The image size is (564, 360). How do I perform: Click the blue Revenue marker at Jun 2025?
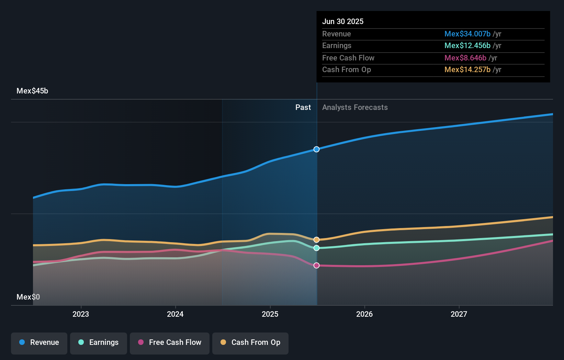point(316,149)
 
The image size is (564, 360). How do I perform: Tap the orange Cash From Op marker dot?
point(316,240)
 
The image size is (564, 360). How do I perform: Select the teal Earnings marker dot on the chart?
point(316,248)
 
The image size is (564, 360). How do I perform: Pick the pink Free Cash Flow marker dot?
point(316,266)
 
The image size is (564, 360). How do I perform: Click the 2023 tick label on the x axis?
point(81,314)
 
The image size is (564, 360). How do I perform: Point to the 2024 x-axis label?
point(175,314)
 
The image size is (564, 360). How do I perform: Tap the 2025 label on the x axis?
point(270,314)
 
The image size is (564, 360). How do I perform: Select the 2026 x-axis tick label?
point(364,314)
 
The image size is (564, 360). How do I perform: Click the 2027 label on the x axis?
point(459,314)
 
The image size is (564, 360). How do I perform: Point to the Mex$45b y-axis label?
point(32,91)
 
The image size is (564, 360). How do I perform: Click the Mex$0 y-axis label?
point(28,297)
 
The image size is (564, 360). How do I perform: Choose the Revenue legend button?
point(39,342)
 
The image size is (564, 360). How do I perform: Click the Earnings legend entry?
point(99,342)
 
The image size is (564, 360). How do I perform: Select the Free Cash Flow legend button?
point(170,342)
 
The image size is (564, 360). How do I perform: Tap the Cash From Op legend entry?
point(250,342)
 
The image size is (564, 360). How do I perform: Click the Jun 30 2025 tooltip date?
point(342,21)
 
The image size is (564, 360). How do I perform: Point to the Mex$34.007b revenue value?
point(467,34)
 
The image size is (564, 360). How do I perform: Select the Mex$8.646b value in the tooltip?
point(465,58)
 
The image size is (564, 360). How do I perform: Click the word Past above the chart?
point(303,108)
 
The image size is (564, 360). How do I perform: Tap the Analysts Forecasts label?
point(355,108)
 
